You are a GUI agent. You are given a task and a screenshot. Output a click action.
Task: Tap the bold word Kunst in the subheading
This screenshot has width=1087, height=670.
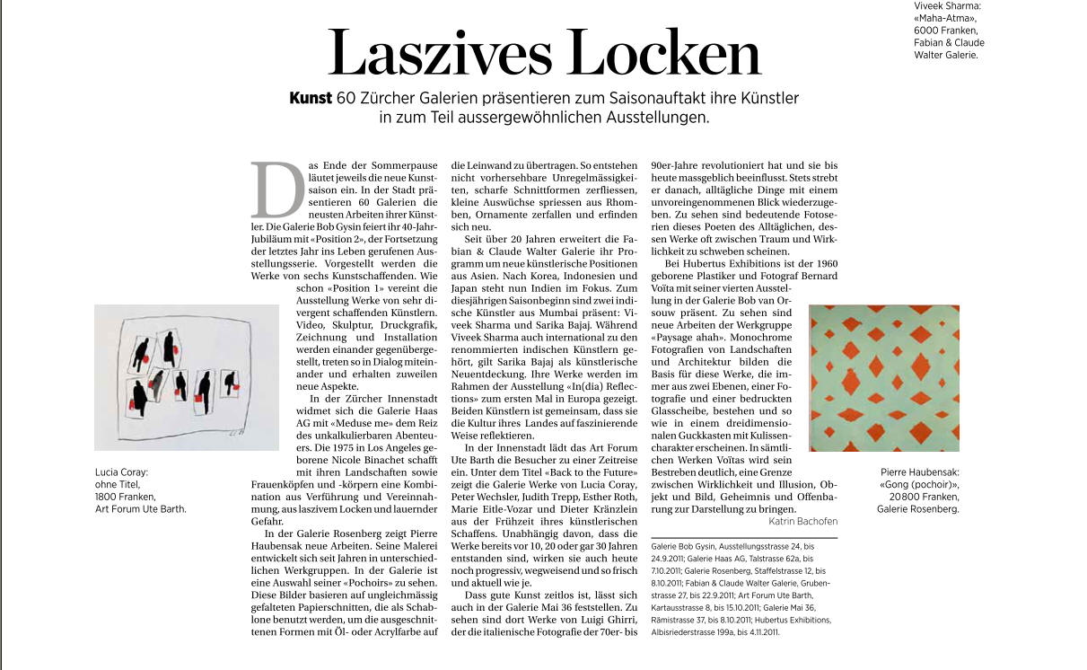pyautogui.click(x=311, y=97)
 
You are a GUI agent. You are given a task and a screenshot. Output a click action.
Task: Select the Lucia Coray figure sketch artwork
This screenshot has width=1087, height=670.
pyautogui.click(x=187, y=377)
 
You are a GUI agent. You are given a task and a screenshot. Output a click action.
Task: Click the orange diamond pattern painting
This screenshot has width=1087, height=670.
pyautogui.click(x=884, y=378)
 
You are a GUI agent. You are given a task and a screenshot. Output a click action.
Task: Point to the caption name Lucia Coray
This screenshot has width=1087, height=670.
pyautogui.click(x=121, y=472)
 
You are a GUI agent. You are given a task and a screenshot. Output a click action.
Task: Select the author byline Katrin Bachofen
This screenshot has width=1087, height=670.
pyautogui.click(x=802, y=521)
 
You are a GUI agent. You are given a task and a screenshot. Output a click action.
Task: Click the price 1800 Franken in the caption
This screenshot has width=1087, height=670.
pyautogui.click(x=126, y=497)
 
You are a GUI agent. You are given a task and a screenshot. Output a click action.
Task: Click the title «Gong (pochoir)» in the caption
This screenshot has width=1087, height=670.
pyautogui.click(x=919, y=484)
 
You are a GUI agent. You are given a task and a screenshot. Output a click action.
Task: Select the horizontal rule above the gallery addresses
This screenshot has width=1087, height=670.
pyautogui.click(x=744, y=538)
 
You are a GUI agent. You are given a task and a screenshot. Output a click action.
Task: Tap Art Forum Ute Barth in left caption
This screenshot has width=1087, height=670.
pyautogui.click(x=140, y=509)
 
